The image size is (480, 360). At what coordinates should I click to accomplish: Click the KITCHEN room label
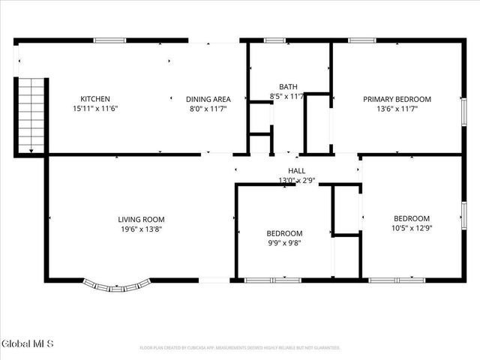95,99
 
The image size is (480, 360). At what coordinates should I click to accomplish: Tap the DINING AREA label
208,99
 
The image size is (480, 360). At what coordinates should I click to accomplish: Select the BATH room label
288,86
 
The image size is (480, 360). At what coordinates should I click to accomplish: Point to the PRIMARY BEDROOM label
397,99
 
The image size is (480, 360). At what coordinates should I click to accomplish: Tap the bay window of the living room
116,285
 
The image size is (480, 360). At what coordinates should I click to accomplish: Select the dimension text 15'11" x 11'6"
95,109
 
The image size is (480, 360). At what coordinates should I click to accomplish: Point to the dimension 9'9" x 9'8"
285,243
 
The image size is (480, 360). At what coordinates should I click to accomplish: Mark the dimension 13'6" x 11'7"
397,109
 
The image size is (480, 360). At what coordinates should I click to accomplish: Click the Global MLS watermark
28,343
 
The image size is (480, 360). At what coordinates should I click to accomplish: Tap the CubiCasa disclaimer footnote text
240,348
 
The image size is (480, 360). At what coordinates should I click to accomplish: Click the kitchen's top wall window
109,40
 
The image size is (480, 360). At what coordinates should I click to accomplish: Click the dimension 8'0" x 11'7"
208,109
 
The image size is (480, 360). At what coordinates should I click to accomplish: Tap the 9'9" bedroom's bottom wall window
270,280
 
